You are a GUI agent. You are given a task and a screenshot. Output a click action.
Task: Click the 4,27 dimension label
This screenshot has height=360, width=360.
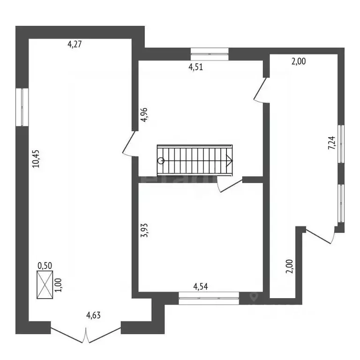click(75, 45)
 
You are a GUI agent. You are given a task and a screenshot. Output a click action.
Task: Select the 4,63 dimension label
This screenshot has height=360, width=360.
click(93, 315)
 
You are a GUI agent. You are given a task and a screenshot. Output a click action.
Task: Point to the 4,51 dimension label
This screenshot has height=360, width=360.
click(196, 67)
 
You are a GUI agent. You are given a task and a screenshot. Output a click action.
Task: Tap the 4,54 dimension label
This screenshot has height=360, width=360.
click(202, 285)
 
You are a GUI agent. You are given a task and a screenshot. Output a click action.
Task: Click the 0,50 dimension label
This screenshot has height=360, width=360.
click(45, 265)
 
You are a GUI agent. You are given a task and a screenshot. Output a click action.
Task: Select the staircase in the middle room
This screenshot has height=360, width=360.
click(195, 160)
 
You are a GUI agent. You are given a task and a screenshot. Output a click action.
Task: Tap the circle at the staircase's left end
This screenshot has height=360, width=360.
click(161, 160)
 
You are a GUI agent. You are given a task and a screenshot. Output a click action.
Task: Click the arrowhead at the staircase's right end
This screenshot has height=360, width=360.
click(230, 160)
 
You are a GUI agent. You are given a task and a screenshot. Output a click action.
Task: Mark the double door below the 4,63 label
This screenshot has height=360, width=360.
click(86, 335)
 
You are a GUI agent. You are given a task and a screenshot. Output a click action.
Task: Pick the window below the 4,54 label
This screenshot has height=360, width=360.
click(209, 299)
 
